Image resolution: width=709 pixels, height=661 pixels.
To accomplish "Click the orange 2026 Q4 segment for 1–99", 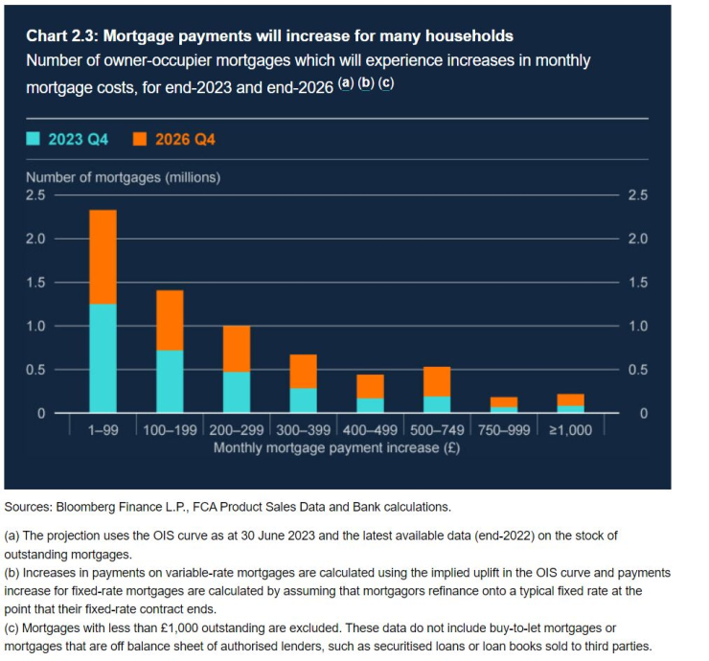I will [x=103, y=257].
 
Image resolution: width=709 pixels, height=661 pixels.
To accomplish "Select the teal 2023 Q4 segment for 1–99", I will [x=103, y=358].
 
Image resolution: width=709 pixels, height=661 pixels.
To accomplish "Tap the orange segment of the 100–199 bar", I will [x=170, y=320].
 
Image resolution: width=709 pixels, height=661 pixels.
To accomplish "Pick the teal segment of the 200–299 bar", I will [x=237, y=392].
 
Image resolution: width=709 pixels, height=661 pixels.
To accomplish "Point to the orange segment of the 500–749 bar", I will [x=437, y=381].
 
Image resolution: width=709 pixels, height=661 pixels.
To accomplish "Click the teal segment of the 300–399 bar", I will [x=303, y=400].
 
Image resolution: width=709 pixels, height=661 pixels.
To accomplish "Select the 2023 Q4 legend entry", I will [x=66, y=140].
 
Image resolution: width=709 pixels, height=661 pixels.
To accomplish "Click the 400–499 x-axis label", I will [x=370, y=430].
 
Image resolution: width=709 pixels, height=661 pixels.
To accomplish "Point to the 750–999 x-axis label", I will [x=504, y=430].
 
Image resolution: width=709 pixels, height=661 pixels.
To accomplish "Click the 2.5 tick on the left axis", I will [x=35, y=195].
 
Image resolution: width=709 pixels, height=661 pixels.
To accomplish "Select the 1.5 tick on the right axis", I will [x=637, y=283].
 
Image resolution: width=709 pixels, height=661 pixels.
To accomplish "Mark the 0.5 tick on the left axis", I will [x=35, y=370].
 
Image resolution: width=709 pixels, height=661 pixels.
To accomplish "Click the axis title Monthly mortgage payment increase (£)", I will [x=336, y=447].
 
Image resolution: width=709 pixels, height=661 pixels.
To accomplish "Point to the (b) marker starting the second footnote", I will [x=13, y=573].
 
